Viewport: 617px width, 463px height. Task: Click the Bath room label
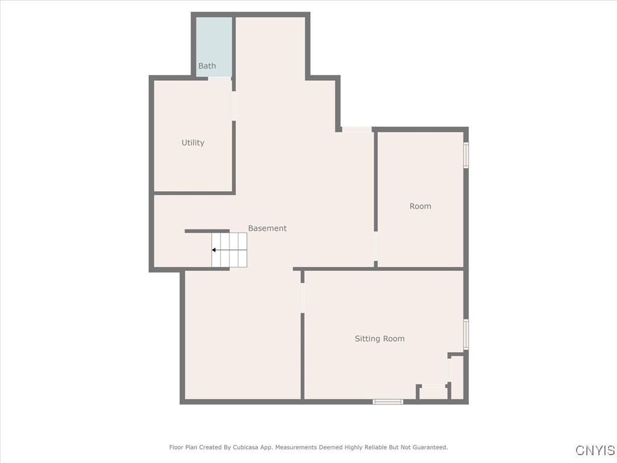207,66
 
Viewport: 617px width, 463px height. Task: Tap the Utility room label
193,143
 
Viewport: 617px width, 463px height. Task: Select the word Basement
268,228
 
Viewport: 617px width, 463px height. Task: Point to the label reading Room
420,206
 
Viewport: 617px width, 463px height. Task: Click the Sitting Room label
380,339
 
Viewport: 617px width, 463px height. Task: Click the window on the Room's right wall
466,155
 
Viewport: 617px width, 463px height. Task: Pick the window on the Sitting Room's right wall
466,334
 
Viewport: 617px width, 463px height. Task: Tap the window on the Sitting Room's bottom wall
388,401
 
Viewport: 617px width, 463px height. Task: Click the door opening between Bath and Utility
219,78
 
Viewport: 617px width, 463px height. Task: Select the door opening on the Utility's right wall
234,106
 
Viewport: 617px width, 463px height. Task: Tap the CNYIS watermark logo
595,450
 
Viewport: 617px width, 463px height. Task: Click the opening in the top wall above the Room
357,129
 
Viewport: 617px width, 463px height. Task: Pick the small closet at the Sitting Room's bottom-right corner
457,377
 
